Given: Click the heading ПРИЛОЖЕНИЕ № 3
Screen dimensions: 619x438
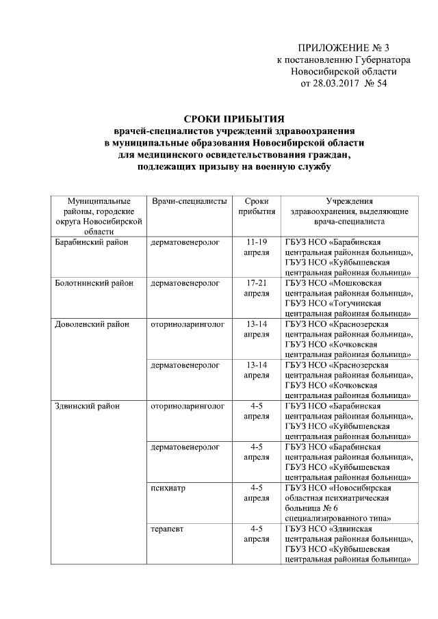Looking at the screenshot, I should pos(343,48).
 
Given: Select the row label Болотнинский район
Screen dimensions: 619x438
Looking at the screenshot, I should pos(94,282).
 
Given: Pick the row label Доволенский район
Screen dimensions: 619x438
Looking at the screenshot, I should pos(92,323).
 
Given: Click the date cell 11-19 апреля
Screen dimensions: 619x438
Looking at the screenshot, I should pos(256,247).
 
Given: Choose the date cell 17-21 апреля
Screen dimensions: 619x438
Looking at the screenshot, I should pos(256,287).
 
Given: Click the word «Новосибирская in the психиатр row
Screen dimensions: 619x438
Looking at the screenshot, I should pos(360,488).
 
